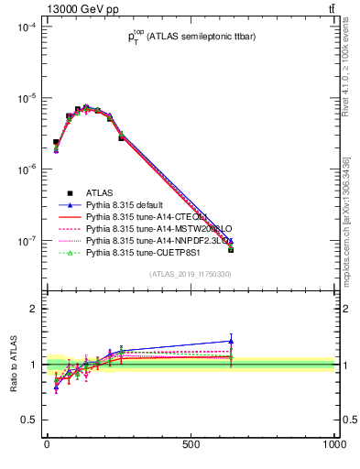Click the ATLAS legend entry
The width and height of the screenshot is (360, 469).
pos(100,193)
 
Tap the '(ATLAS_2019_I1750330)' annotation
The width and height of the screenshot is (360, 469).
pos(190,274)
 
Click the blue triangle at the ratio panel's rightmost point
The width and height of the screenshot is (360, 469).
pos(231,341)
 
